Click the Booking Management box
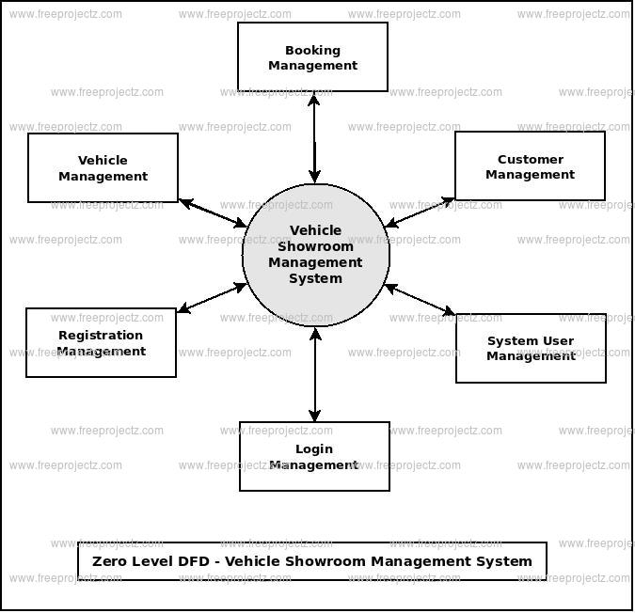(x=312, y=57)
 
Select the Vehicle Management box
(x=103, y=167)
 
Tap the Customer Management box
(x=530, y=166)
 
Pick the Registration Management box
(x=101, y=342)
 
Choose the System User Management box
(x=531, y=348)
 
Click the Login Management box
(x=314, y=456)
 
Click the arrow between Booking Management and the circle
(x=314, y=137)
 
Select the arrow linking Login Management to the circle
(x=315, y=374)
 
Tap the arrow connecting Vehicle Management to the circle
(x=213, y=213)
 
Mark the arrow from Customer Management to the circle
(x=420, y=212)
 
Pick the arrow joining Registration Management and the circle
(x=212, y=298)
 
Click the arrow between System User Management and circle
(x=421, y=300)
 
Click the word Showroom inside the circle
(x=316, y=246)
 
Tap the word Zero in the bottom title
(x=111, y=561)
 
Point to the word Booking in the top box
(x=312, y=50)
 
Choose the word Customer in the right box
(x=531, y=159)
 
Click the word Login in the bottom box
(x=314, y=448)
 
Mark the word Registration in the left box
(x=101, y=335)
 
